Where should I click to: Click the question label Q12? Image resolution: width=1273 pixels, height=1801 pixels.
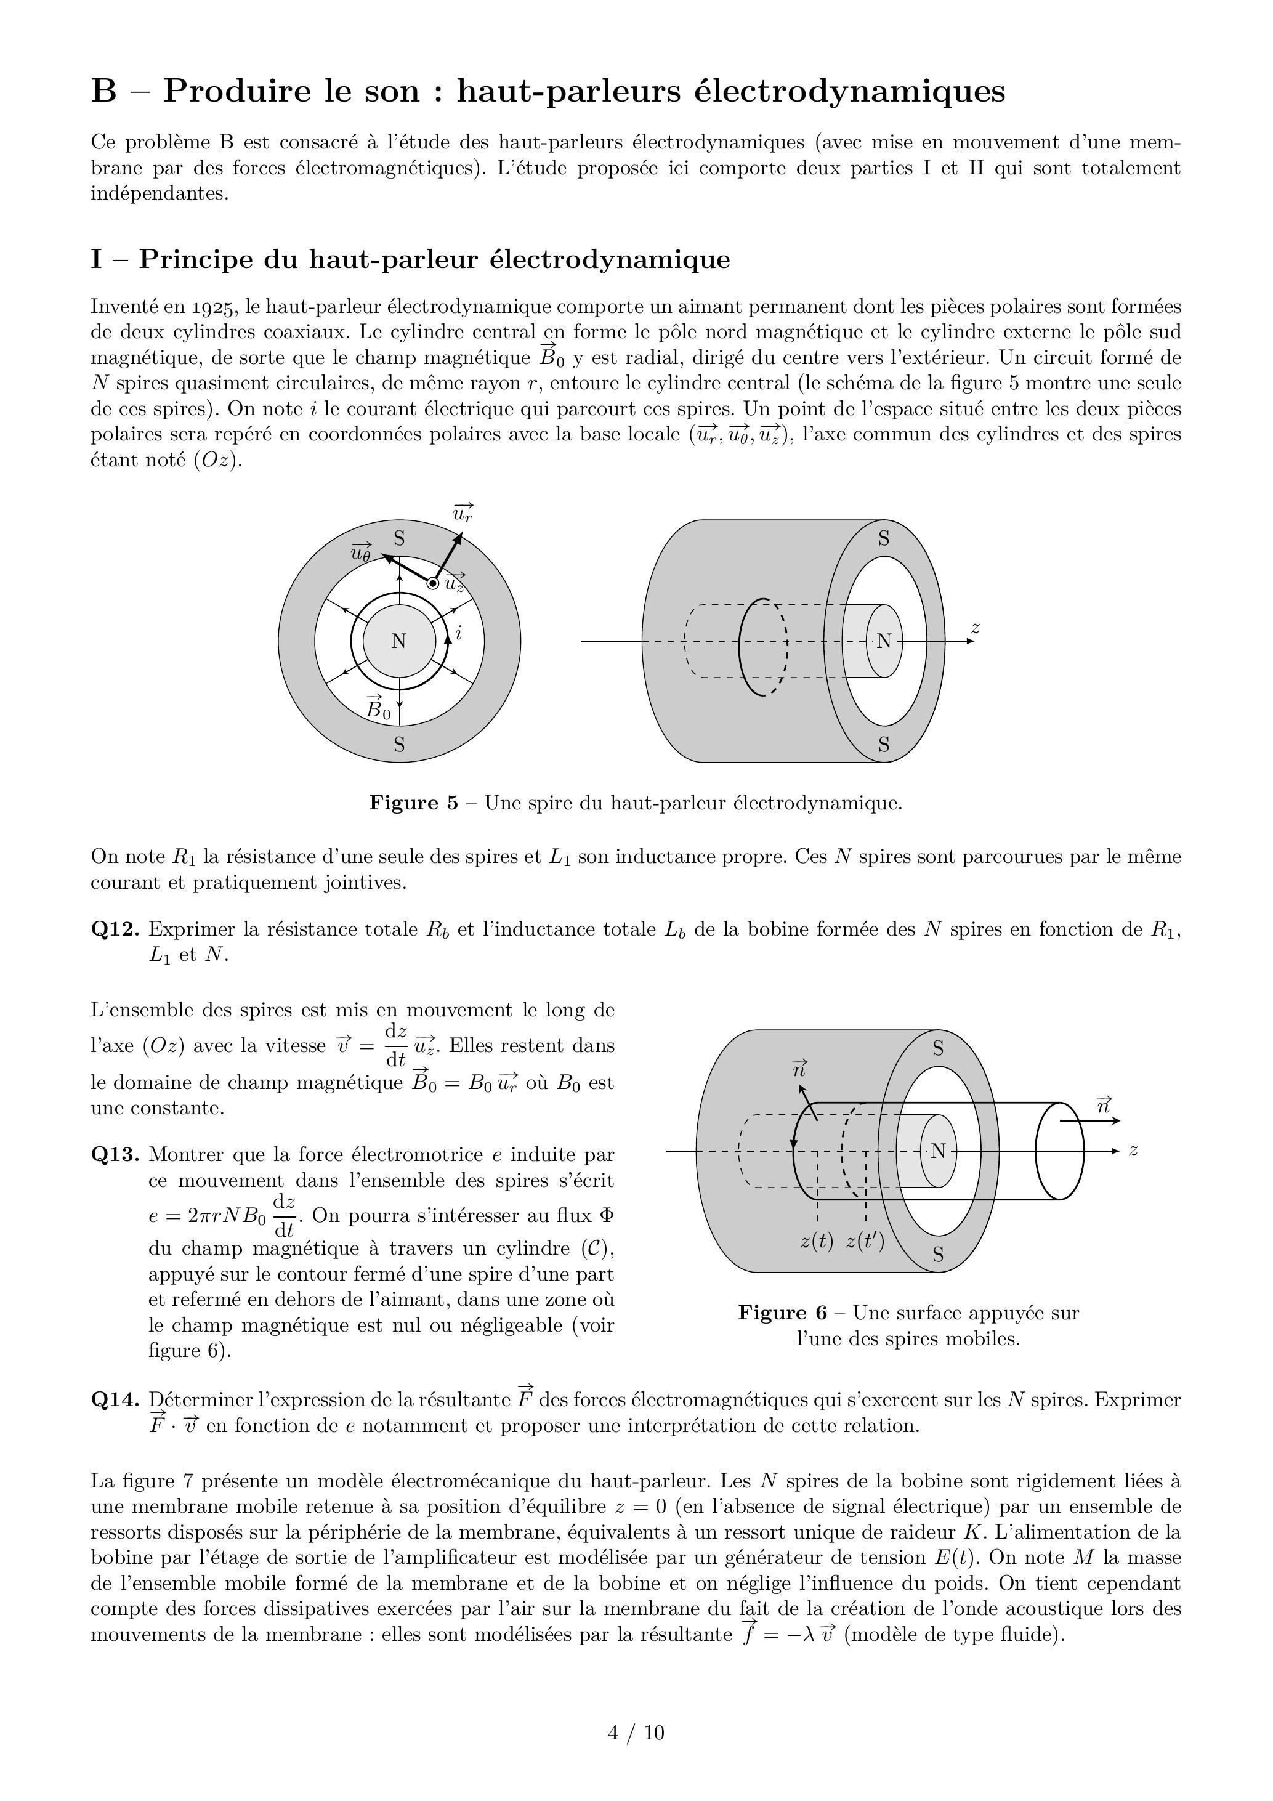(x=115, y=929)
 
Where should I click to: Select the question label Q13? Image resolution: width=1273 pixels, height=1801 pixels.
(x=115, y=1155)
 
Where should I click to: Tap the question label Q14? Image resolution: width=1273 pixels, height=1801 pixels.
(x=115, y=1399)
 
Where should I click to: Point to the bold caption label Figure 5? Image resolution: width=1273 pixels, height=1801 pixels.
(x=413, y=803)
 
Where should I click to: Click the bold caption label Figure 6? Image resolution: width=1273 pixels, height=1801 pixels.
(x=782, y=1313)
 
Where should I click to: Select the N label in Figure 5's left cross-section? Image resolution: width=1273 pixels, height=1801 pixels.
(x=398, y=641)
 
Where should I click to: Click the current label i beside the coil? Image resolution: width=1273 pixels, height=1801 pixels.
(x=459, y=632)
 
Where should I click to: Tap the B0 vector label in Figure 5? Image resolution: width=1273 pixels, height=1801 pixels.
(x=378, y=708)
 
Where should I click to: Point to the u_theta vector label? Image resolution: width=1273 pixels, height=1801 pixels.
(x=360, y=552)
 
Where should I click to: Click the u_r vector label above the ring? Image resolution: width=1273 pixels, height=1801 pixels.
(x=463, y=514)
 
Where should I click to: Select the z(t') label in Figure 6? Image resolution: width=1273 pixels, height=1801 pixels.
(x=865, y=1242)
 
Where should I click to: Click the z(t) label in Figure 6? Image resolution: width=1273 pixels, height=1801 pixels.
(x=817, y=1242)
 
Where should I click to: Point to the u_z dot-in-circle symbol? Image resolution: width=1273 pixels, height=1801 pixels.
(x=432, y=583)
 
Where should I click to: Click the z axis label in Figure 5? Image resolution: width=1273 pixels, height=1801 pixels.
(x=975, y=628)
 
